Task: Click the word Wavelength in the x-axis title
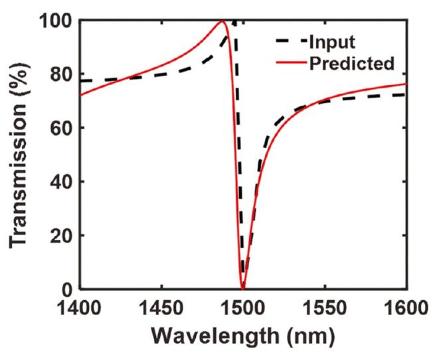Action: [x=215, y=337]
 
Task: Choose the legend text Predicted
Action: [x=351, y=63]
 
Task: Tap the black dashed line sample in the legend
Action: [x=289, y=43]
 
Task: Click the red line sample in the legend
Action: [x=289, y=64]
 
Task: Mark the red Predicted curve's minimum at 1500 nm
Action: [x=243, y=288]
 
